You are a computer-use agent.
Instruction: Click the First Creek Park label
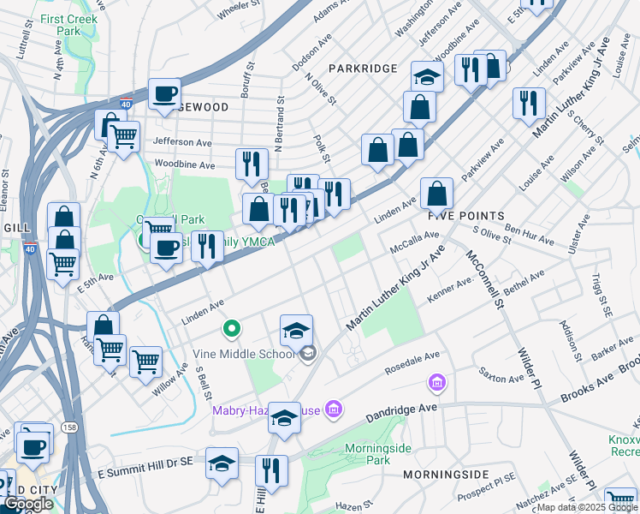point(68,25)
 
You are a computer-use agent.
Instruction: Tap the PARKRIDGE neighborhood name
point(364,68)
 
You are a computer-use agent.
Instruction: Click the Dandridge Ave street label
point(401,412)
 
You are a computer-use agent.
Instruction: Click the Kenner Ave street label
point(449,290)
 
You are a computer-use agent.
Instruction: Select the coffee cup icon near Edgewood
point(164,94)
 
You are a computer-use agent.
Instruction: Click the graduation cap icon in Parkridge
point(426,77)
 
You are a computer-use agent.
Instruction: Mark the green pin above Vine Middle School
point(230,328)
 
